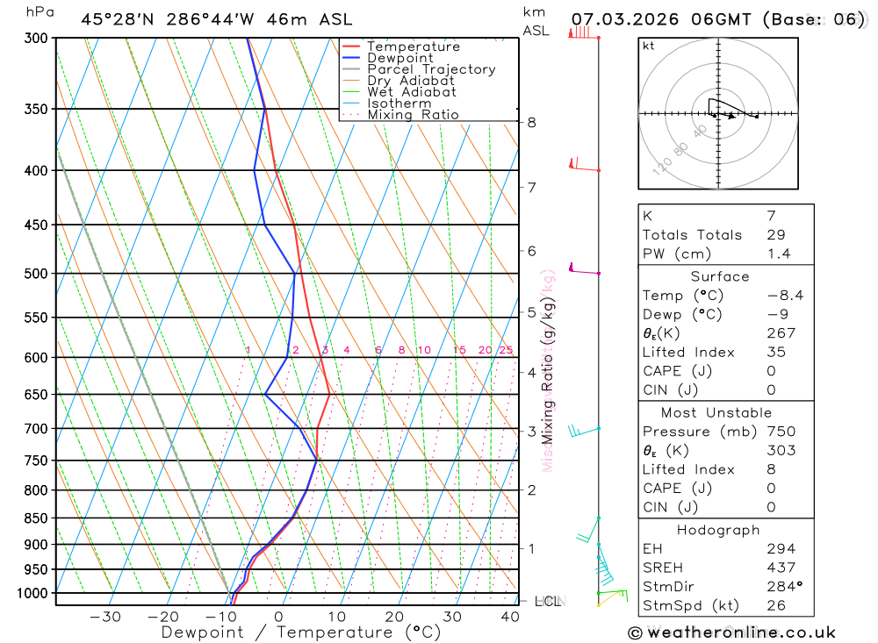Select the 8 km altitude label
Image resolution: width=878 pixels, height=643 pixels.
pyautogui.click(x=531, y=122)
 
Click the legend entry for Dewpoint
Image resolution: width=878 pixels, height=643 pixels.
pyautogui.click(x=399, y=58)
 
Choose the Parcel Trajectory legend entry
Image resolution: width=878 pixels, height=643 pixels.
pyautogui.click(x=431, y=69)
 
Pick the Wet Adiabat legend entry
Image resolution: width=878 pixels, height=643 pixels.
pyautogui.click(x=411, y=92)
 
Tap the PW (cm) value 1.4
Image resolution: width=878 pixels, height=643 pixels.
pyautogui.click(x=779, y=254)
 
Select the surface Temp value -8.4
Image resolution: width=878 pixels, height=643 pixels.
pyautogui.click(x=785, y=296)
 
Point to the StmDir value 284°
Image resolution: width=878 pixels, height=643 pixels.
pyautogui.click(x=782, y=587)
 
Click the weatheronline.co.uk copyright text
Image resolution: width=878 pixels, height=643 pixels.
pyautogui.click(x=731, y=632)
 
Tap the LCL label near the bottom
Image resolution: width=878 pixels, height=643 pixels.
pyautogui.click(x=548, y=601)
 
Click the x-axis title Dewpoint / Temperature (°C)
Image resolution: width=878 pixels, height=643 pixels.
pyautogui.click(x=301, y=632)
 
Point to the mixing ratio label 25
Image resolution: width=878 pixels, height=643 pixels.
pyautogui.click(x=506, y=350)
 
